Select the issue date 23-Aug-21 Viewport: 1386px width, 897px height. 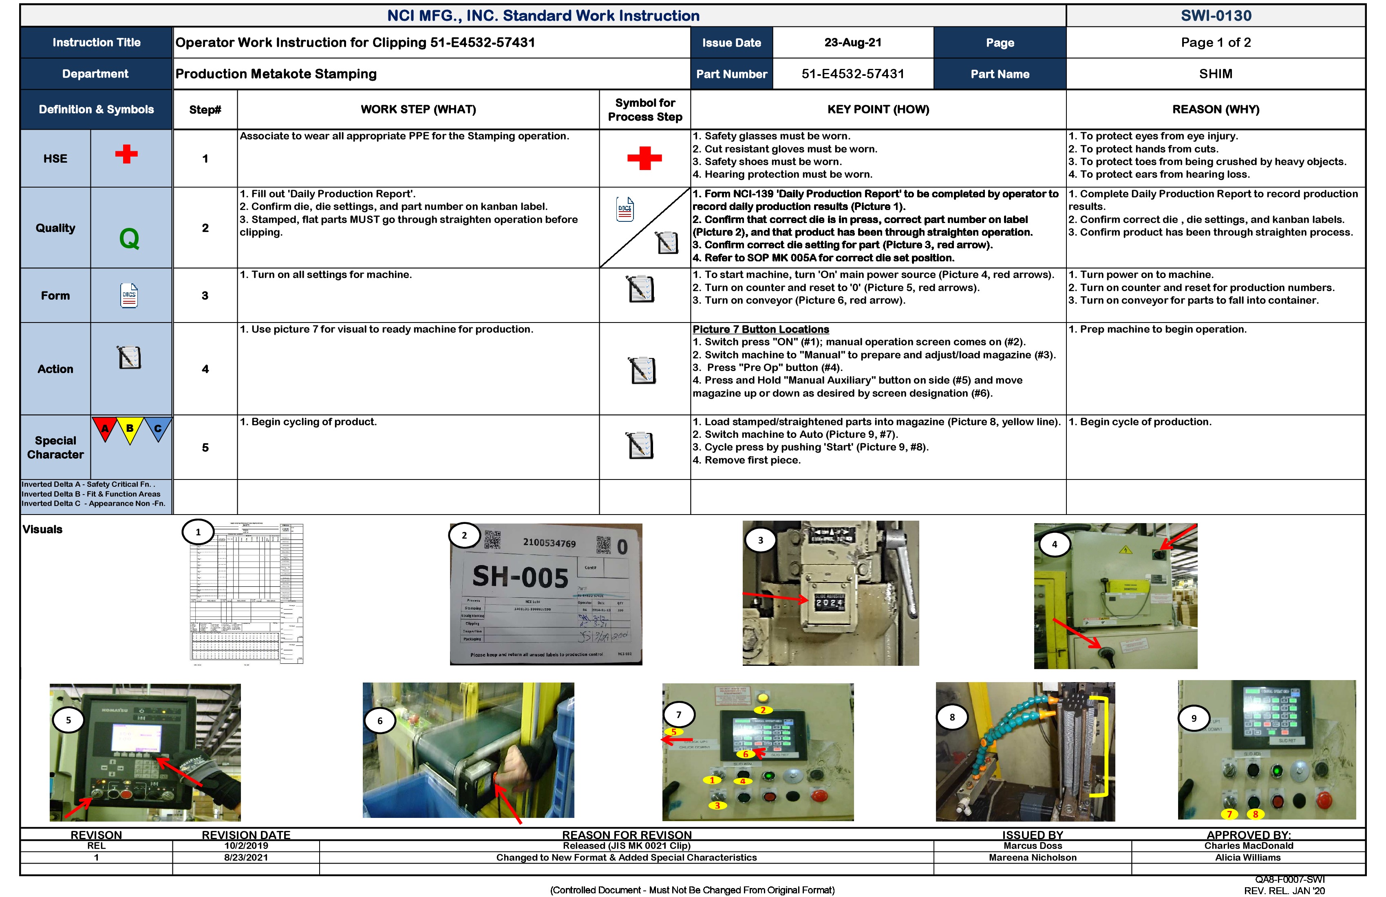tap(852, 42)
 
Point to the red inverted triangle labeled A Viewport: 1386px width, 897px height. tap(105, 429)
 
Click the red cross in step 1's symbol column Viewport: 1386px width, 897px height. tap(644, 158)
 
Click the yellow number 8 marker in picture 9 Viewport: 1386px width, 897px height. tap(1256, 814)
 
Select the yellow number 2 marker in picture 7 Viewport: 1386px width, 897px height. tap(763, 710)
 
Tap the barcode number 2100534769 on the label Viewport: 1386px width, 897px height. tap(549, 543)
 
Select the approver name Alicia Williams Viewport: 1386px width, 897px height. tap(1247, 857)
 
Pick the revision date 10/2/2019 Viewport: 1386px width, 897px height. tap(246, 846)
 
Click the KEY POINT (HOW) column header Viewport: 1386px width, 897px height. tap(878, 110)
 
